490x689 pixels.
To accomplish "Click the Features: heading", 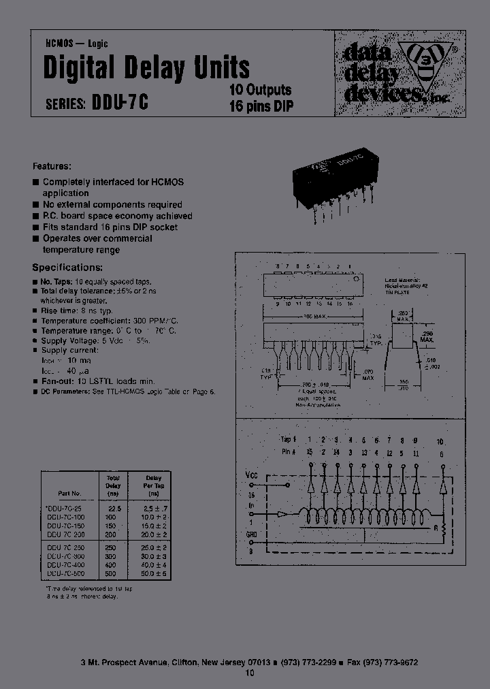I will coord(52,166).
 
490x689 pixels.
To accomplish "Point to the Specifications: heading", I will coord(68,268).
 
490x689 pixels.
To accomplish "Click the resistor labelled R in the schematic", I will coord(442,528).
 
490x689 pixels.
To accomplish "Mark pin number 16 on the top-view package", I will coord(350,303).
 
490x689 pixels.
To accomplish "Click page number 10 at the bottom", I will coord(248,673).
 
